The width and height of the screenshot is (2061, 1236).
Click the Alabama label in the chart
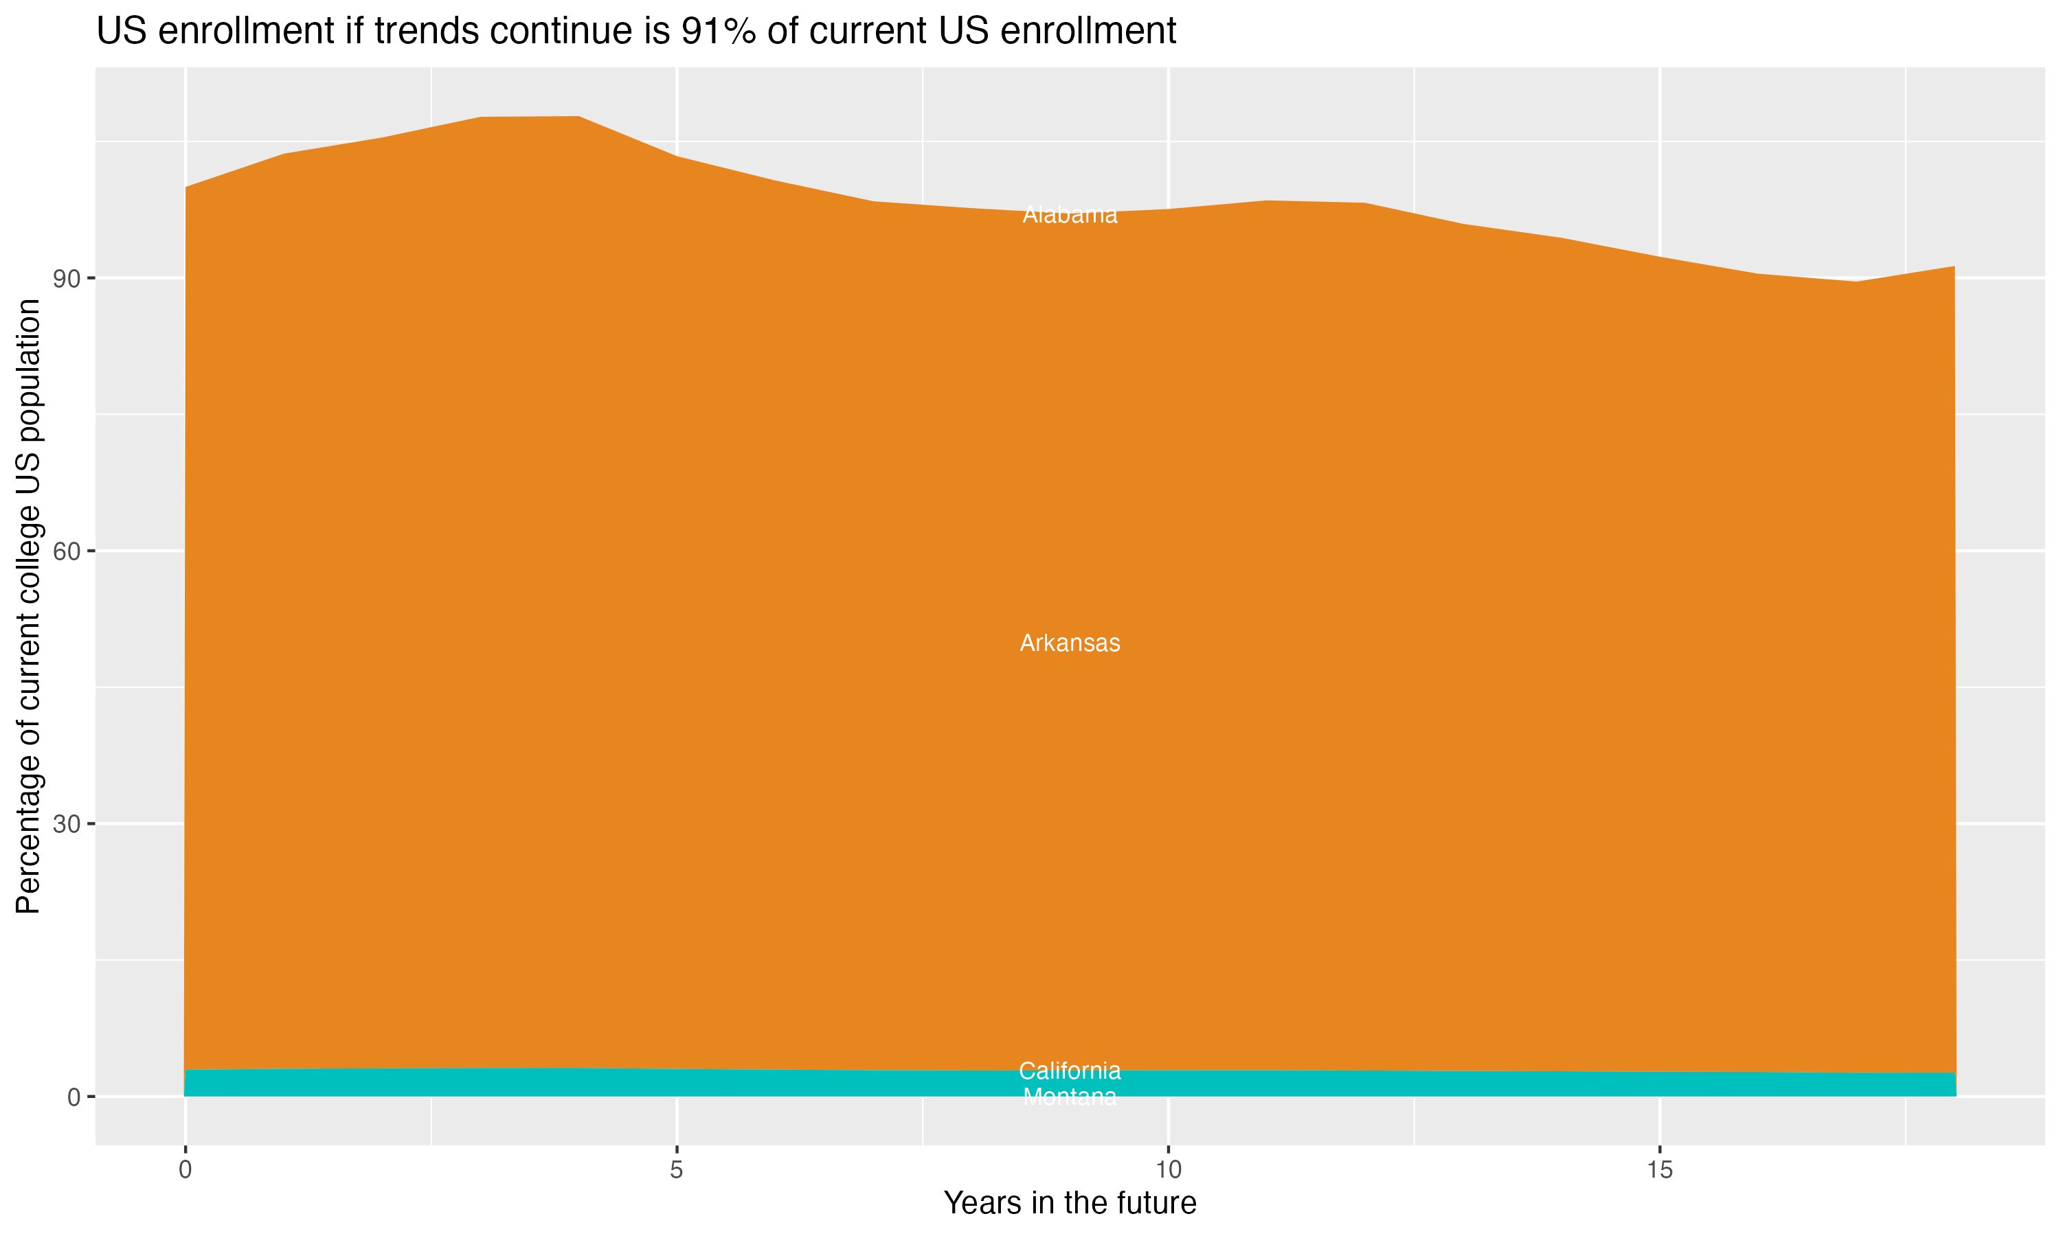click(1070, 215)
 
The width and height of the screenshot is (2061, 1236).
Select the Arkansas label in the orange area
click(1070, 643)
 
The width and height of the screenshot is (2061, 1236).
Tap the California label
click(1070, 1071)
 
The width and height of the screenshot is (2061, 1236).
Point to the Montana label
click(1070, 1098)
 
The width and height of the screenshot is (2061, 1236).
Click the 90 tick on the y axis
click(67, 278)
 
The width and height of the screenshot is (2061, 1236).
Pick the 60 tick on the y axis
click(67, 551)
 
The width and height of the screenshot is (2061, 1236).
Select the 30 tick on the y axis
click(67, 824)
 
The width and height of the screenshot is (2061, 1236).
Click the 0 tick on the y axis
click(74, 1097)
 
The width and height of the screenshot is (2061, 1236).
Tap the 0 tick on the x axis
click(185, 1170)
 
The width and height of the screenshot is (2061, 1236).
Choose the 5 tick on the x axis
click(677, 1170)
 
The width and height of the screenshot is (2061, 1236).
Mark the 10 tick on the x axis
click(1168, 1170)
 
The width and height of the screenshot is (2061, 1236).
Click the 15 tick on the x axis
click(1660, 1170)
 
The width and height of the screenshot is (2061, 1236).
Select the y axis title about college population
click(28, 606)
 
